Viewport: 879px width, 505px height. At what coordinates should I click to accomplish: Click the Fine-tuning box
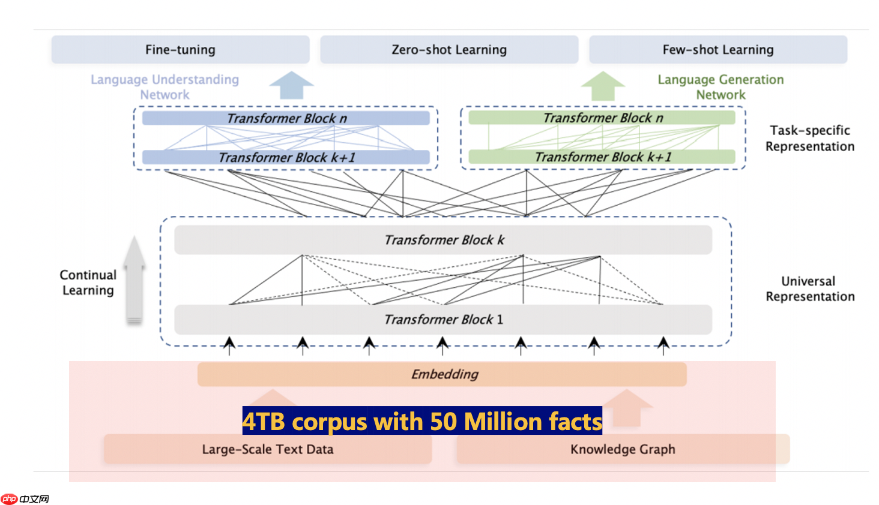point(180,50)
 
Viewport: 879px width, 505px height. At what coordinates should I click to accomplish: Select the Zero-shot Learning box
point(449,50)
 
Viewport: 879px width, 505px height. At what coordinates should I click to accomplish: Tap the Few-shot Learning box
point(718,50)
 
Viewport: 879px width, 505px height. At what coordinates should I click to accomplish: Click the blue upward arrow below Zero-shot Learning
point(291,85)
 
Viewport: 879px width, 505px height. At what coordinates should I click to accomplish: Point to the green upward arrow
point(603,86)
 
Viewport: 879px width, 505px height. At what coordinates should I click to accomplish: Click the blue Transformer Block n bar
point(286,118)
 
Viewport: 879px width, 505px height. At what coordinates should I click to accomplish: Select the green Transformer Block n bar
point(602,118)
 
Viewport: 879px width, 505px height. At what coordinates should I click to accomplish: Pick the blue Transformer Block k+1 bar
point(286,157)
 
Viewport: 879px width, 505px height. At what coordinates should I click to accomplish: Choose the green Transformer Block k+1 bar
point(602,157)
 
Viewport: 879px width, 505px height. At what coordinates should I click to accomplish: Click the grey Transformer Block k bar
point(443,240)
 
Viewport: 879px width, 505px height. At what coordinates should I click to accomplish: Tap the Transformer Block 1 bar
point(443,320)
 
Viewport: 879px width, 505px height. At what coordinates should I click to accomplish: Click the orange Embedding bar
point(442,374)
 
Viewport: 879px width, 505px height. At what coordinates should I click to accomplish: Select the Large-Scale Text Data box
point(267,449)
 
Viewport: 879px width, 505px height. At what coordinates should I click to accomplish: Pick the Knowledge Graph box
point(623,449)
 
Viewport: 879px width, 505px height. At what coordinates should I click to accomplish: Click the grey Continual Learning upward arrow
point(134,279)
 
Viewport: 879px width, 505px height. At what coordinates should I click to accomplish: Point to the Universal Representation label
point(809,288)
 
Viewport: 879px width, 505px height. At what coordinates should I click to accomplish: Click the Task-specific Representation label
point(809,138)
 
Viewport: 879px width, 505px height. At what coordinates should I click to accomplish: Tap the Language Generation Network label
point(720,87)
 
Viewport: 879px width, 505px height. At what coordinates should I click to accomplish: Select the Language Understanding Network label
point(165,87)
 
